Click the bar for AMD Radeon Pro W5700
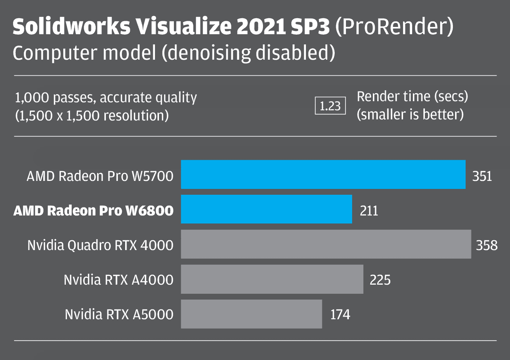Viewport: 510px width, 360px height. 323,174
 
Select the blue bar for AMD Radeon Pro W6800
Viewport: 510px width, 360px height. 266,209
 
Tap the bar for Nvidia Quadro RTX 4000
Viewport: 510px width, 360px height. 326,244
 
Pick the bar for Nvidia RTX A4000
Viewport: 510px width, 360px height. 272,279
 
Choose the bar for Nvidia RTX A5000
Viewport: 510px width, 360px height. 251,314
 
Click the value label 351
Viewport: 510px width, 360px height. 482,176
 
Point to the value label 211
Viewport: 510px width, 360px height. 369,211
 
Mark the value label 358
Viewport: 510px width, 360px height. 487,245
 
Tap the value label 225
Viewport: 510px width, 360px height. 380,280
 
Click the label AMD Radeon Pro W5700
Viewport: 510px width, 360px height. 100,176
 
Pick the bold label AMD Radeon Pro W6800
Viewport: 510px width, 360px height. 93,211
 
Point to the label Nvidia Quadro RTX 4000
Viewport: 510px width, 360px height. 100,245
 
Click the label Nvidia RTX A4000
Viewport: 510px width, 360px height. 119,280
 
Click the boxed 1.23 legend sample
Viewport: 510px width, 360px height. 330,106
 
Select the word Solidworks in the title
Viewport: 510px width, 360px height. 71,26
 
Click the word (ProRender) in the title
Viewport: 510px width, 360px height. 394,26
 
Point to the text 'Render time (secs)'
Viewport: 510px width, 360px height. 412,96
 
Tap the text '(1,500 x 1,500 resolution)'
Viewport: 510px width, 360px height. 92,116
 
